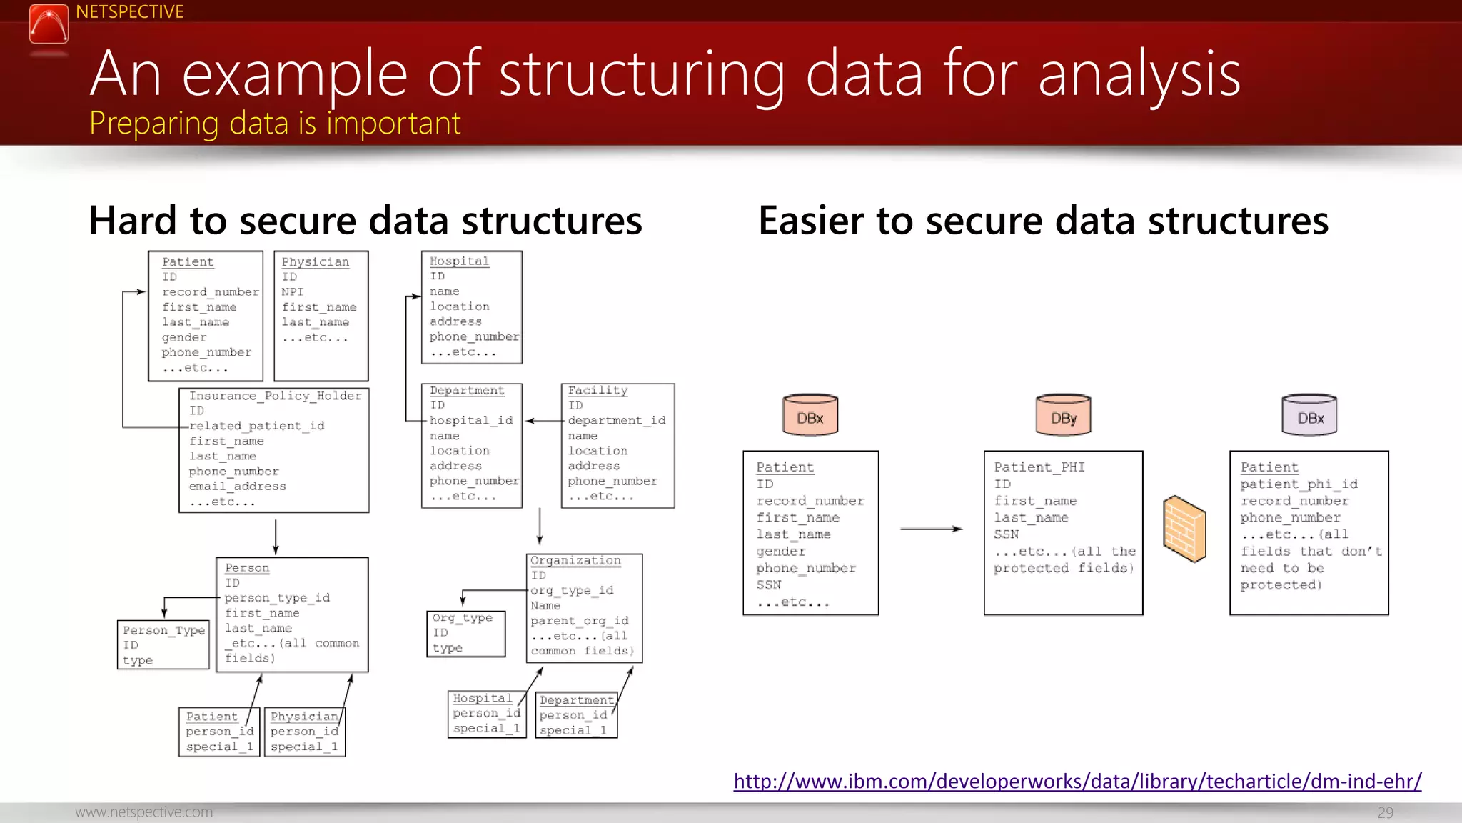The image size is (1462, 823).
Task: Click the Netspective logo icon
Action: tap(49, 24)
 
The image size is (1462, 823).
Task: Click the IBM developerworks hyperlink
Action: tap(1077, 781)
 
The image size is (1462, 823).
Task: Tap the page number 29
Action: tap(1385, 812)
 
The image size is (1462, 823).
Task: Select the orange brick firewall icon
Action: tap(1184, 529)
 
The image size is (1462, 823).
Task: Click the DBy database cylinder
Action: tap(1063, 414)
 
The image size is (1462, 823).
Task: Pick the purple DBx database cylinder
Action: tap(1309, 414)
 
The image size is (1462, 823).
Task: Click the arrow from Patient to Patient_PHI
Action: tap(931, 529)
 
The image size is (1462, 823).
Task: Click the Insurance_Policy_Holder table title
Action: tap(275, 396)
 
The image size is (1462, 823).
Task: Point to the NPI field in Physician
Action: tap(292, 292)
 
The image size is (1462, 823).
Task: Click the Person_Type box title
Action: tap(163, 630)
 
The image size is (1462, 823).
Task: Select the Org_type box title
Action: tap(462, 618)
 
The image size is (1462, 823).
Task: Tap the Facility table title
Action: tap(598, 391)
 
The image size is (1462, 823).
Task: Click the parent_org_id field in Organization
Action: tap(579, 621)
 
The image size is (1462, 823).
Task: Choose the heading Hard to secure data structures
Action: tap(365, 220)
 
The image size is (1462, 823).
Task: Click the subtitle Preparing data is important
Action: tap(275, 123)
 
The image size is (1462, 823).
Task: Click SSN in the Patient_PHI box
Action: tap(1006, 534)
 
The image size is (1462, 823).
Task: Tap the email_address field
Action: tap(237, 487)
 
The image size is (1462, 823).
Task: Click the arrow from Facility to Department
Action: tap(545, 421)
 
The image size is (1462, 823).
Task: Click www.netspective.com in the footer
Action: tap(144, 812)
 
